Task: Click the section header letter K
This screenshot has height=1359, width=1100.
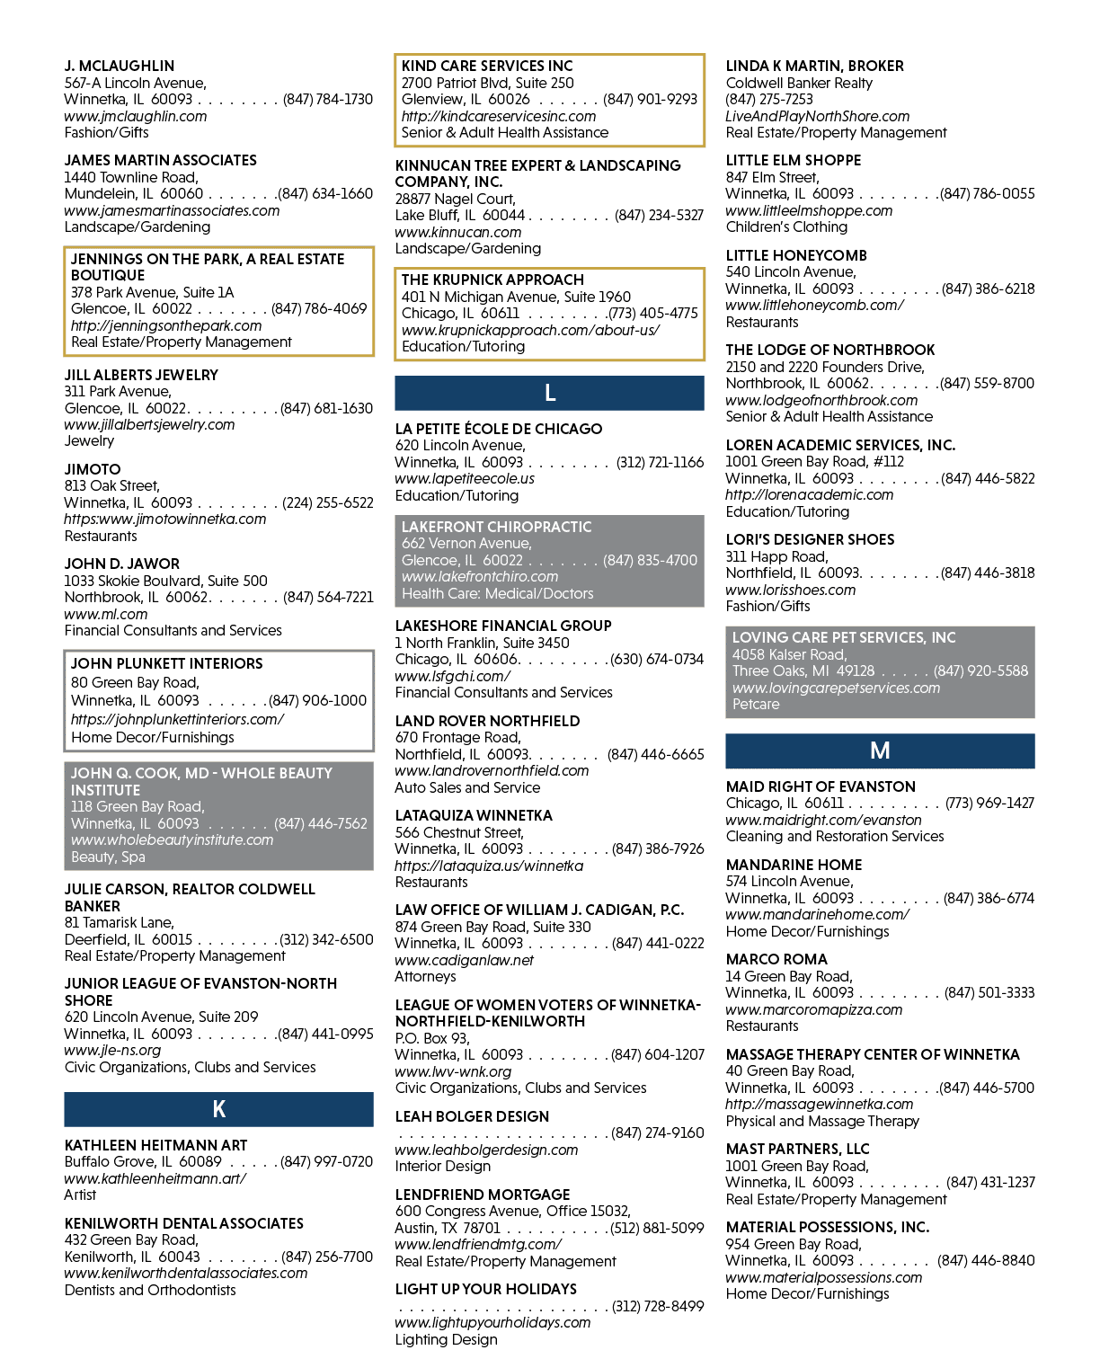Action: (x=218, y=1109)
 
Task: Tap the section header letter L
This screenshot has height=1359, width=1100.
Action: (x=549, y=393)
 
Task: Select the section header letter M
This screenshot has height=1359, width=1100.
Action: (x=880, y=751)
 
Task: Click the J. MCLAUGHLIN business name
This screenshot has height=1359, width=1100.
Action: (x=120, y=66)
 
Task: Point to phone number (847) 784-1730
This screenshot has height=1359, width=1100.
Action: (x=327, y=100)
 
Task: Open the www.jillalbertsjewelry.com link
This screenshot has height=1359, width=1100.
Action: (x=149, y=424)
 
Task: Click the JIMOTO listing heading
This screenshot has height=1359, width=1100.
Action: (x=93, y=469)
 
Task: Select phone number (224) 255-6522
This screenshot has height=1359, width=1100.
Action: (x=327, y=502)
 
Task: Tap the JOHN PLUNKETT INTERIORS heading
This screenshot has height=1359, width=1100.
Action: (x=166, y=663)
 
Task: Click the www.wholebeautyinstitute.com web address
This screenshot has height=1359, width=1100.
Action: (x=173, y=839)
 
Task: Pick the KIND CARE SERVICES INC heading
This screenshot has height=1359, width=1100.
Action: (x=487, y=66)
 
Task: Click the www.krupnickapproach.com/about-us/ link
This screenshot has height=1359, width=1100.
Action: (x=530, y=330)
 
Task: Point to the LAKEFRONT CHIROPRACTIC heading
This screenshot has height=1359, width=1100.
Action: (x=496, y=527)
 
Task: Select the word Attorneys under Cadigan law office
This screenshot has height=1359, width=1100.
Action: (x=426, y=976)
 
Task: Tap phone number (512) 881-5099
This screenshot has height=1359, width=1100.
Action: (x=657, y=1228)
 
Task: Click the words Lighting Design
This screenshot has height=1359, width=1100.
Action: (x=446, y=1339)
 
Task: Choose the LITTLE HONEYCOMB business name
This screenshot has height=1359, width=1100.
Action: (x=796, y=255)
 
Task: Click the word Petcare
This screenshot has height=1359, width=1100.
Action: (x=756, y=704)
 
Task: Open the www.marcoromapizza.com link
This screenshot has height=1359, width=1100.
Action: (x=814, y=1009)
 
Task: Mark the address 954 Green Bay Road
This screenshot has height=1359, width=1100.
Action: (x=794, y=1244)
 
